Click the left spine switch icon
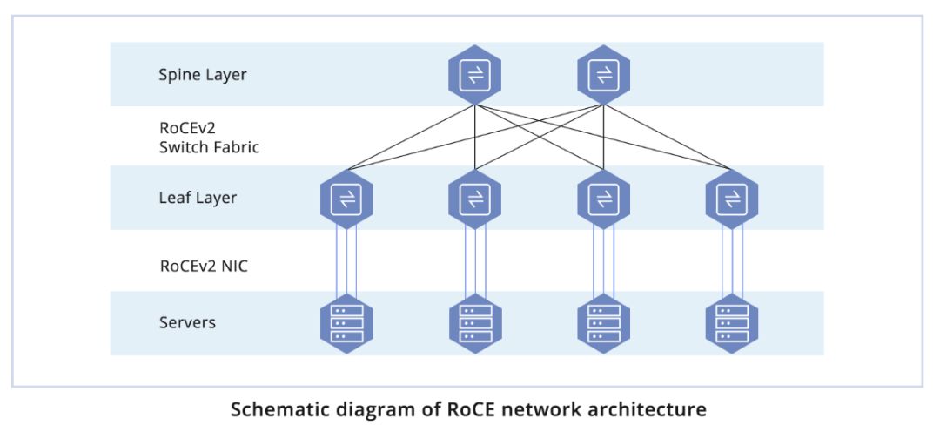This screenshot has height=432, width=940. [x=474, y=75]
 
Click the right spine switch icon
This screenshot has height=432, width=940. [x=603, y=75]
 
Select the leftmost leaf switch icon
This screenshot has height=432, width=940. [x=346, y=199]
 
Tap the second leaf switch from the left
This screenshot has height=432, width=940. [x=474, y=199]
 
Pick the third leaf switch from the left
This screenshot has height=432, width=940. [x=603, y=199]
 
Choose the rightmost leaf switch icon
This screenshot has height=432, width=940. [x=731, y=199]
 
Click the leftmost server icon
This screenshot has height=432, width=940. [x=346, y=323]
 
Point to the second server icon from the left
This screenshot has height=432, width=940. [x=474, y=323]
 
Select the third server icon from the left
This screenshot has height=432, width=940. [x=603, y=323]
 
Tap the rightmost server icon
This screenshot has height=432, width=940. [x=731, y=323]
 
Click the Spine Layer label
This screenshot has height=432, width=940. [x=202, y=75]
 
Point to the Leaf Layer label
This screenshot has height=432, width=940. [x=198, y=199]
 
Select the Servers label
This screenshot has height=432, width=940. [x=187, y=323]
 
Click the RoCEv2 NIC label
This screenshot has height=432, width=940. [x=203, y=267]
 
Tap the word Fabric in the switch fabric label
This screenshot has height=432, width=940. [x=234, y=147]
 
